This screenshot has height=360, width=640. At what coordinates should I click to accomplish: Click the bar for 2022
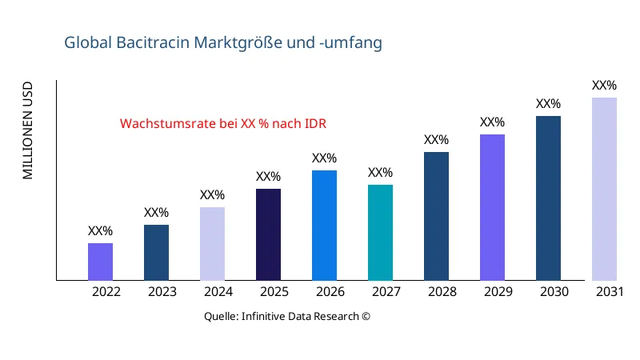pos(100,262)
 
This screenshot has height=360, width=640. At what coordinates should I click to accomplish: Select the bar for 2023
pos(156,253)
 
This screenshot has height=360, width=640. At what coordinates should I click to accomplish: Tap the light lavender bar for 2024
pos(212,244)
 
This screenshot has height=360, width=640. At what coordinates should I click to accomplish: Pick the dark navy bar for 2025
pos(268,234)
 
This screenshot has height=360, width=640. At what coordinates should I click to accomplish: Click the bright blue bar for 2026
pos(324,226)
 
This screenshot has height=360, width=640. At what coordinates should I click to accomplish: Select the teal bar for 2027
pos(380,233)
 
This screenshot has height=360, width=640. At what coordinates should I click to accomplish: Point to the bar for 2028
pos(436,216)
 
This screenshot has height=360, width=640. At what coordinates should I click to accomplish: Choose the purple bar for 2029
pos(492,207)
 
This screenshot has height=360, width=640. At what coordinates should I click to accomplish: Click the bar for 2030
pos(548,198)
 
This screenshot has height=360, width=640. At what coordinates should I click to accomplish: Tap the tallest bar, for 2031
pos(604,189)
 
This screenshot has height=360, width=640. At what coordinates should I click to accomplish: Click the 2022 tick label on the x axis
pos(106,292)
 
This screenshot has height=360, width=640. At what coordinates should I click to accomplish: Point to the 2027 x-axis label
pos(386,292)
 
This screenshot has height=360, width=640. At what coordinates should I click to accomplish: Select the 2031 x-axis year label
pos(610,292)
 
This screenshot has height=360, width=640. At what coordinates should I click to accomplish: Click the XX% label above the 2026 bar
pos(324,158)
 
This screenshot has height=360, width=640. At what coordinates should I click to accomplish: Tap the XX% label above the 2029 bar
pos(492,122)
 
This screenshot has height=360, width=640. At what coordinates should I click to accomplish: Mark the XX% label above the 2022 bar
pos(100,231)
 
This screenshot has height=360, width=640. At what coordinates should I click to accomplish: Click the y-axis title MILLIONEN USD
pos(28,130)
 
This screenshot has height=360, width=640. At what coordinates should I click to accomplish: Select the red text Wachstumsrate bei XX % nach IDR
pos(223,124)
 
